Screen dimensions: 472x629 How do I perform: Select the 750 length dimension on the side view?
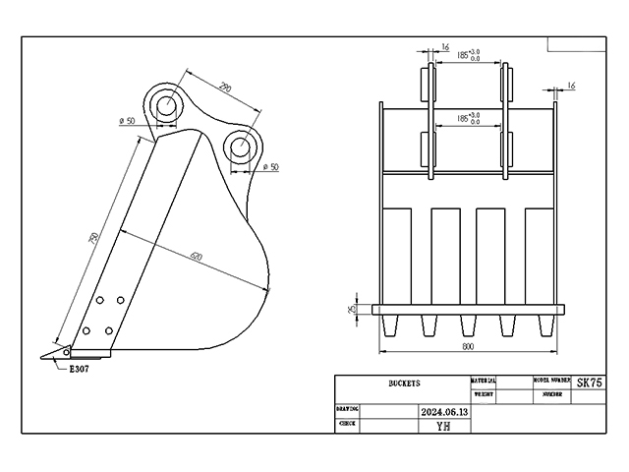click(92, 240)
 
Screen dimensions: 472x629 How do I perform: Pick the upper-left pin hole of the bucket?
click(166, 102)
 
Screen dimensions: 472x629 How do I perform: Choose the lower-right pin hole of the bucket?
click(241, 147)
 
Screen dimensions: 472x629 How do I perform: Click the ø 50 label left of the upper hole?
click(127, 120)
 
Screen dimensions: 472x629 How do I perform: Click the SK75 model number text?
click(590, 383)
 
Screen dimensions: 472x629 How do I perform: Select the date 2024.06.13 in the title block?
click(444, 412)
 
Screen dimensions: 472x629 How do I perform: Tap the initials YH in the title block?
click(444, 426)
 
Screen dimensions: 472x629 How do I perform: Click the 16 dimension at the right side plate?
click(571, 87)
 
